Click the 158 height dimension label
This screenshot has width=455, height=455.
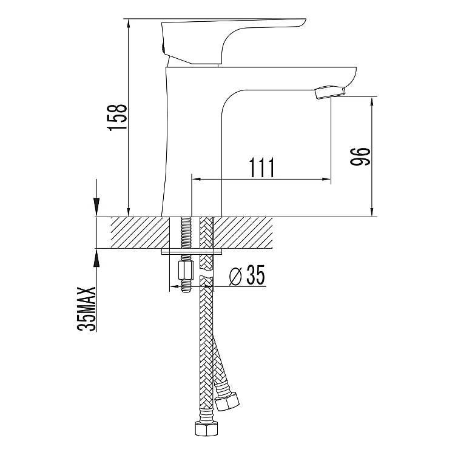click(118, 118)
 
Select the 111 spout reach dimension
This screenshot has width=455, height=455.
click(261, 167)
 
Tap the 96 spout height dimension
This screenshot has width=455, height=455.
click(360, 157)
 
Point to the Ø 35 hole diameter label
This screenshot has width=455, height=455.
click(247, 275)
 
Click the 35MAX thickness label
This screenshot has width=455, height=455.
click(86, 309)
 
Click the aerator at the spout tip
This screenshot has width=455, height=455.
click(330, 92)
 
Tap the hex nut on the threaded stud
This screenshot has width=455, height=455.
click(186, 270)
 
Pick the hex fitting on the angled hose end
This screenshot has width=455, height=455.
click(227, 401)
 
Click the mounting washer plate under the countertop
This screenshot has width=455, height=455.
click(192, 251)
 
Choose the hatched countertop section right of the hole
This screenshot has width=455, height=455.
click(243, 232)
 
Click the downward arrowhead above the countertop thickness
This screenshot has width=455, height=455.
click(96, 207)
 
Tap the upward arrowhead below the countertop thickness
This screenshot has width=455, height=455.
click(96, 258)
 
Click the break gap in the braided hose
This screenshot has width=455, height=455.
click(206, 275)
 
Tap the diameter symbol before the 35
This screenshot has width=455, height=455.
click(235, 275)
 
